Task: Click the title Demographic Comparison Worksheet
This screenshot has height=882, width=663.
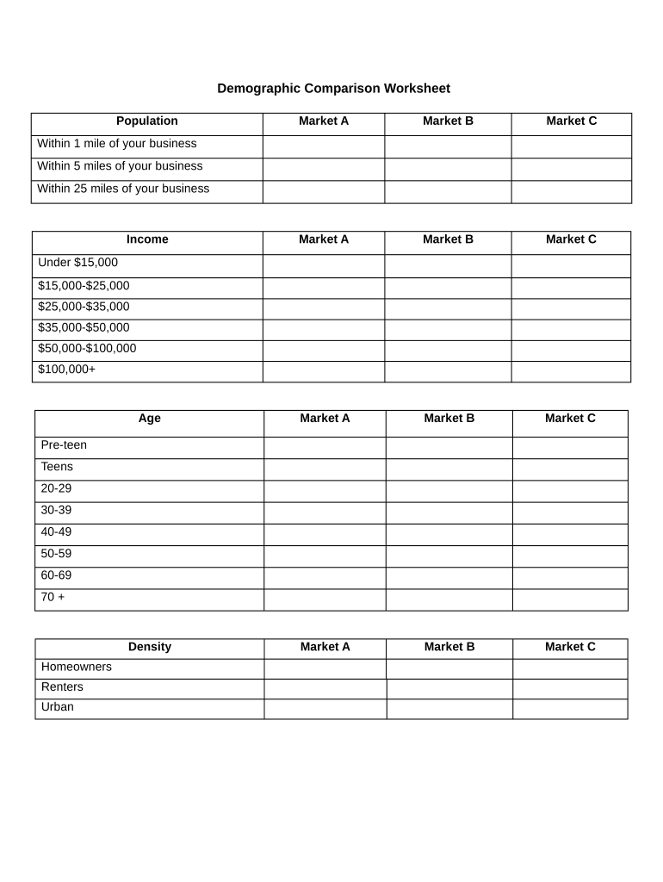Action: click(333, 89)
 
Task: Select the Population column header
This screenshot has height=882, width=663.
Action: click(147, 121)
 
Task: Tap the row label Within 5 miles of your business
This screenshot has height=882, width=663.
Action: click(121, 166)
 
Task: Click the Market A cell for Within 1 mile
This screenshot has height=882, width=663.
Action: click(323, 146)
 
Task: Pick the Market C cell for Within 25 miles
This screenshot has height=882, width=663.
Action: click(571, 192)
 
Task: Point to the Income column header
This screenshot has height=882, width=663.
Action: click(147, 239)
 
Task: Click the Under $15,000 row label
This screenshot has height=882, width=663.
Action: click(78, 263)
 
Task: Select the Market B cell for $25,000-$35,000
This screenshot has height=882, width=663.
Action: click(448, 309)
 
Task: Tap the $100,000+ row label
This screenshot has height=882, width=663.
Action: click(67, 370)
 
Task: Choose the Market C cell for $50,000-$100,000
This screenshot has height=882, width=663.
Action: click(571, 351)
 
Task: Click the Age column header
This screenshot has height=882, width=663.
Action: click(149, 419)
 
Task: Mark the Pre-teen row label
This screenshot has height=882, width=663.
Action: click(64, 445)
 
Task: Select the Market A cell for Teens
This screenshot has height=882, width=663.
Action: click(325, 469)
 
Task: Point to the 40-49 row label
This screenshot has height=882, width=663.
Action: click(57, 531)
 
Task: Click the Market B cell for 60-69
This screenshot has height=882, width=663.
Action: click(449, 578)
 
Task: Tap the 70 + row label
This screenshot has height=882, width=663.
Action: click(53, 596)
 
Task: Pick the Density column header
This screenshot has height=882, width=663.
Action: click(150, 647)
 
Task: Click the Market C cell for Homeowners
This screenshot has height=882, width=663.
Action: click(570, 669)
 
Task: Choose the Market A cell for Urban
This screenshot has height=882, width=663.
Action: click(325, 709)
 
